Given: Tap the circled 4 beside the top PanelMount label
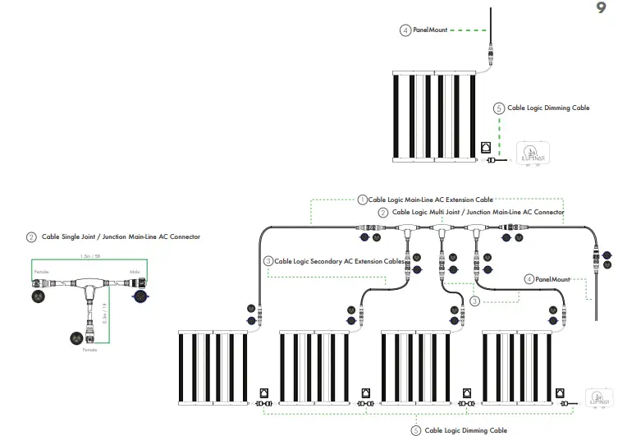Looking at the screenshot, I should [x=405, y=30].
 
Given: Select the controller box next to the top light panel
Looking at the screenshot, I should [x=533, y=154].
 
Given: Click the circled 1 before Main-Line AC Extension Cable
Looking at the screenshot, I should [x=362, y=199].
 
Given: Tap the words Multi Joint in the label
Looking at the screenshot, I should [x=446, y=212].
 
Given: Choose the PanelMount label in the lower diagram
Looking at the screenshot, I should [x=552, y=279].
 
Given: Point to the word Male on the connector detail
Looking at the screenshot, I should [x=135, y=271].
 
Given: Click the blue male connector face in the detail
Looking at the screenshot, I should [x=139, y=295].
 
